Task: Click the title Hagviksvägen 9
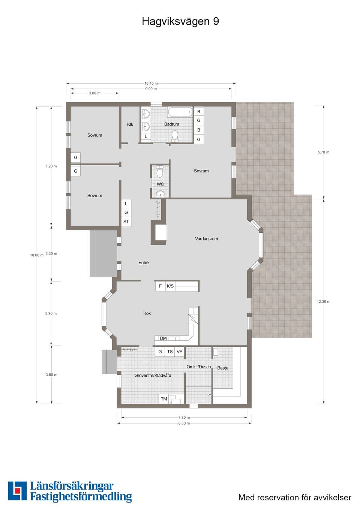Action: coord(180,22)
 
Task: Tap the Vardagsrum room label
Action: coord(206,239)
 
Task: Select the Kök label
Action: coord(147,313)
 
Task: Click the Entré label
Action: coord(143,262)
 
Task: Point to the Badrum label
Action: coord(172,124)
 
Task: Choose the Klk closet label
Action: coord(130,124)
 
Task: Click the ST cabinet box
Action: coord(126,222)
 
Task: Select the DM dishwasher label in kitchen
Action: coord(163,338)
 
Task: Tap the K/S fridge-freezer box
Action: coord(170,286)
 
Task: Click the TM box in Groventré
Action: coord(164,399)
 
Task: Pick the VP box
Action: coord(180,352)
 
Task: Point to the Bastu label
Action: coord(222,368)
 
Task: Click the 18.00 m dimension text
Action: coord(37,255)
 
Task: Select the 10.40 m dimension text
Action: coord(151,83)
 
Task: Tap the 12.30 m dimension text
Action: coord(324,301)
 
